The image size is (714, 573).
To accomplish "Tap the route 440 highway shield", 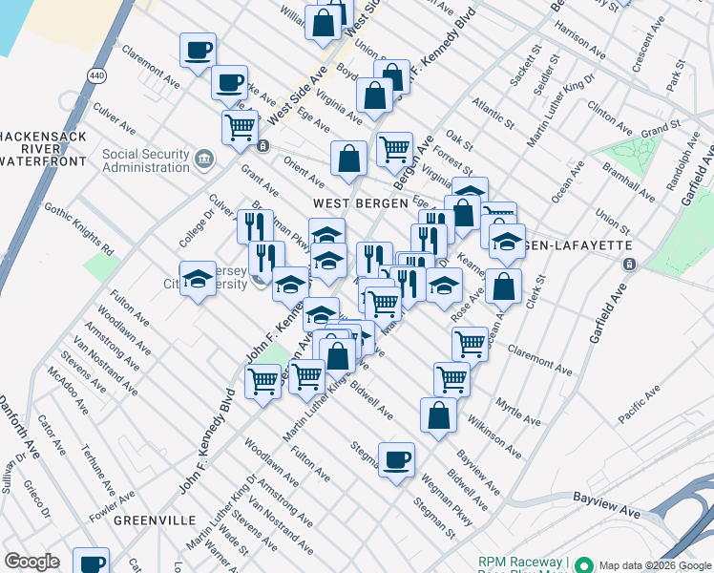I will coord(97,75).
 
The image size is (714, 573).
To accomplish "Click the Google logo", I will coord(32,562).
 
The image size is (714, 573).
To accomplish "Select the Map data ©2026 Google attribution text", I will coord(655,563).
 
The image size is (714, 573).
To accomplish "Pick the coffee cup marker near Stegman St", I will coord(397,458).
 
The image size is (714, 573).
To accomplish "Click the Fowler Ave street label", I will coord(112,503).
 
